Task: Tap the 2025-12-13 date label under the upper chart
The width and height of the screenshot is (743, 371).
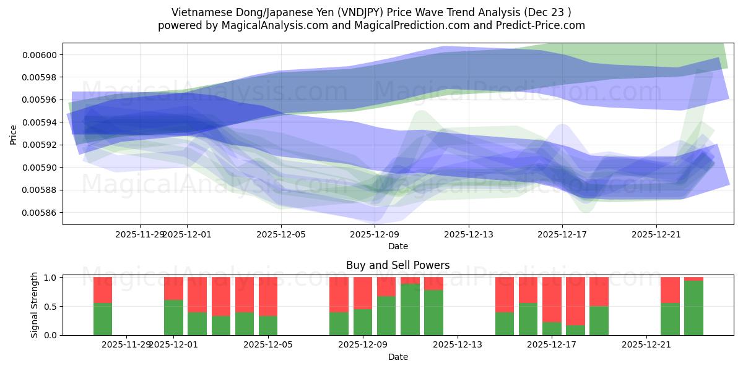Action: tap(469, 235)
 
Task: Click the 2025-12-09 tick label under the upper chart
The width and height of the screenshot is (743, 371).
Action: tap(375, 235)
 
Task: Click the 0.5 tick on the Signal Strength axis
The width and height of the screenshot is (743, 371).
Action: tap(52, 306)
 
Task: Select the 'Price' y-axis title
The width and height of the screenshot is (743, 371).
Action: tap(14, 134)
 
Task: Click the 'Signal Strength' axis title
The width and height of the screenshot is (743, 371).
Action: tap(35, 305)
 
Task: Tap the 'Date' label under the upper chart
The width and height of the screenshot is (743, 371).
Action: tap(398, 246)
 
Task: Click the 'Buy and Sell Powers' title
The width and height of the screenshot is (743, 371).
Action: tap(398, 265)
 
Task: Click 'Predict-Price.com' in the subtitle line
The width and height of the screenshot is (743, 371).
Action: tap(542, 25)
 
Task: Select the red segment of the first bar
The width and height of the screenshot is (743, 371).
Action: tap(103, 289)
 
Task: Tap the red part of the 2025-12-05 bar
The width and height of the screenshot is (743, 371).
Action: tap(268, 296)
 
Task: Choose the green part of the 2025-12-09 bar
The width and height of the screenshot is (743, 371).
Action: tap(363, 322)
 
